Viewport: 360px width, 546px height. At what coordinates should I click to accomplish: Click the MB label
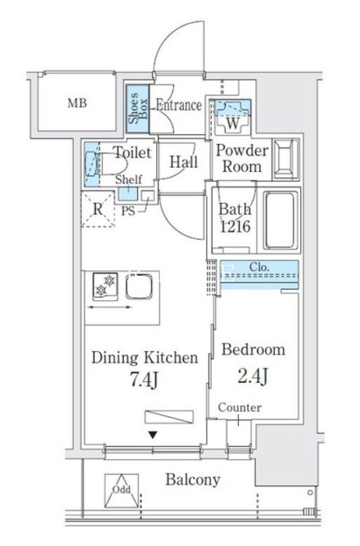coord(77,103)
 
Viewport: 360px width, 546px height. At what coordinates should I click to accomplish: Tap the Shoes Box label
coord(138,108)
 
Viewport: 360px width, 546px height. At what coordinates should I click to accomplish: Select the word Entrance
coord(179,105)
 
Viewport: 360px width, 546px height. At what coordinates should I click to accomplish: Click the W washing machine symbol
coord(233,117)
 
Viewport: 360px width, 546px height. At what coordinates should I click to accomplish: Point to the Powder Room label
coord(242,158)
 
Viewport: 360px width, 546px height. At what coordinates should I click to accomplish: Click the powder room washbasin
coord(285,159)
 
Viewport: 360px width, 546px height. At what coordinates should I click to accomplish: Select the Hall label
coord(184,162)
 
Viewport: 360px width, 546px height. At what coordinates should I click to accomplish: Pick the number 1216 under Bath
coord(236,226)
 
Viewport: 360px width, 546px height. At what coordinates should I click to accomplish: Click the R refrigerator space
coord(98,209)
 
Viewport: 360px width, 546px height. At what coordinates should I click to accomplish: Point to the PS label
coord(128,211)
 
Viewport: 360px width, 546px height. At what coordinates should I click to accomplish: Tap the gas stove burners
coord(105,286)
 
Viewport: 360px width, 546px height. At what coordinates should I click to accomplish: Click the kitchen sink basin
coord(139,287)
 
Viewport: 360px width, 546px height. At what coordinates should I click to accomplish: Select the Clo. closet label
coord(259,267)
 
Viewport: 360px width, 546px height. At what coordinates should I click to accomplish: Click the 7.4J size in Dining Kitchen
coord(144,379)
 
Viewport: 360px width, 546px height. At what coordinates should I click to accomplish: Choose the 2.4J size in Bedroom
coord(253,375)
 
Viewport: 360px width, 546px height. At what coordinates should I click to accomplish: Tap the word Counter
coord(240,407)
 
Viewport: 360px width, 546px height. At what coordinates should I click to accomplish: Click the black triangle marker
coord(153,435)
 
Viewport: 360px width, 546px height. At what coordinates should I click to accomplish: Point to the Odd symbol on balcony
coord(122,490)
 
